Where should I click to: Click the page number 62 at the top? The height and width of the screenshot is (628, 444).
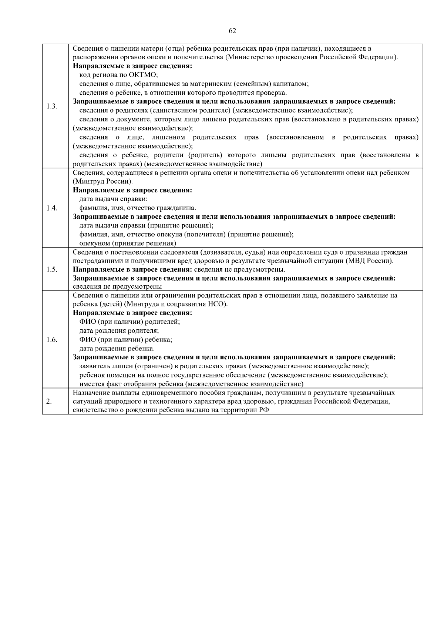pos(232,31)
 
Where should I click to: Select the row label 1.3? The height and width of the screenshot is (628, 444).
pos(52,107)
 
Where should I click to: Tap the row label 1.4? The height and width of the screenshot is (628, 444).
pos(52,208)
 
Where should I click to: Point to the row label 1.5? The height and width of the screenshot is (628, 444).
pos(52,269)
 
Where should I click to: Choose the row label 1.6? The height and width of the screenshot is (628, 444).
pos(52,340)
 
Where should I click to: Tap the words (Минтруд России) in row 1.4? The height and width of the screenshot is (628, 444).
pos(103,182)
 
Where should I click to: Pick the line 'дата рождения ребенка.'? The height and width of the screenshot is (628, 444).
pos(117,349)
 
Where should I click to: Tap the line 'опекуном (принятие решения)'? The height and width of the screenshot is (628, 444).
pos(128,244)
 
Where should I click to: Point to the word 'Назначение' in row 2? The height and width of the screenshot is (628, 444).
pos(89,393)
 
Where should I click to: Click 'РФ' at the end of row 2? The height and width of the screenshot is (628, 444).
pos(264,410)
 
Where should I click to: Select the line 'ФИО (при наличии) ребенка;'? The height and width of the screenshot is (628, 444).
pos(126,340)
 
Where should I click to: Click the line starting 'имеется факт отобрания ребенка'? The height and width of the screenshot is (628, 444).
pos(191,384)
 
